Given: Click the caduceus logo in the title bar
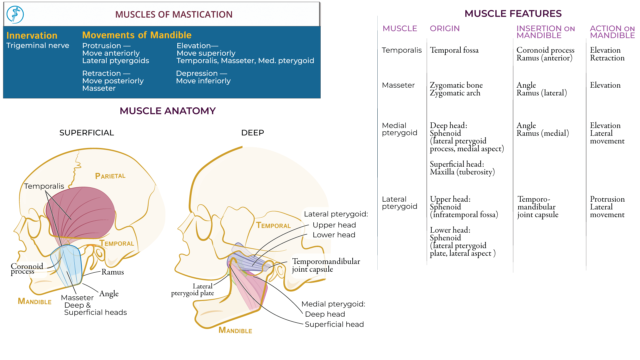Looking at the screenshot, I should pyautogui.click(x=15, y=15).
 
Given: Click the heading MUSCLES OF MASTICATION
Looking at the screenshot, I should pyautogui.click(x=174, y=15).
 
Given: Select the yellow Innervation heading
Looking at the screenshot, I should pyautogui.click(x=32, y=35).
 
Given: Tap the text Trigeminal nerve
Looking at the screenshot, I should pyautogui.click(x=38, y=45).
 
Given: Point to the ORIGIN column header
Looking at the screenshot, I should pyautogui.click(x=444, y=29).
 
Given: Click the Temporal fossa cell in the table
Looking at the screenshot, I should pyautogui.click(x=454, y=50).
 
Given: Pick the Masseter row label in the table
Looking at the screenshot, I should pyautogui.click(x=398, y=85).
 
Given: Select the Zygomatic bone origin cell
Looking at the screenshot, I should pyautogui.click(x=456, y=85).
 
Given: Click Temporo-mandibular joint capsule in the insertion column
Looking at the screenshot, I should pyautogui.click(x=537, y=207).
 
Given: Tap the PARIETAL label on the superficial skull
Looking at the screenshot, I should pyautogui.click(x=110, y=176).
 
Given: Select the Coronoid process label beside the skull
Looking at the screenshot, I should pyautogui.click(x=27, y=269).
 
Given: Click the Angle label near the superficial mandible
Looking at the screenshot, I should pyautogui.click(x=109, y=294).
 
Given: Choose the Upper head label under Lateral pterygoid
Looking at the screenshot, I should pyautogui.click(x=334, y=225).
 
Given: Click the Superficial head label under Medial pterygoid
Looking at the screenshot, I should pyautogui.click(x=334, y=324).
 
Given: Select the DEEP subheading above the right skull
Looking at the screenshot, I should pyautogui.click(x=252, y=133).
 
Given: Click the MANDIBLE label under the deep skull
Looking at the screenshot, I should pyautogui.click(x=235, y=330).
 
